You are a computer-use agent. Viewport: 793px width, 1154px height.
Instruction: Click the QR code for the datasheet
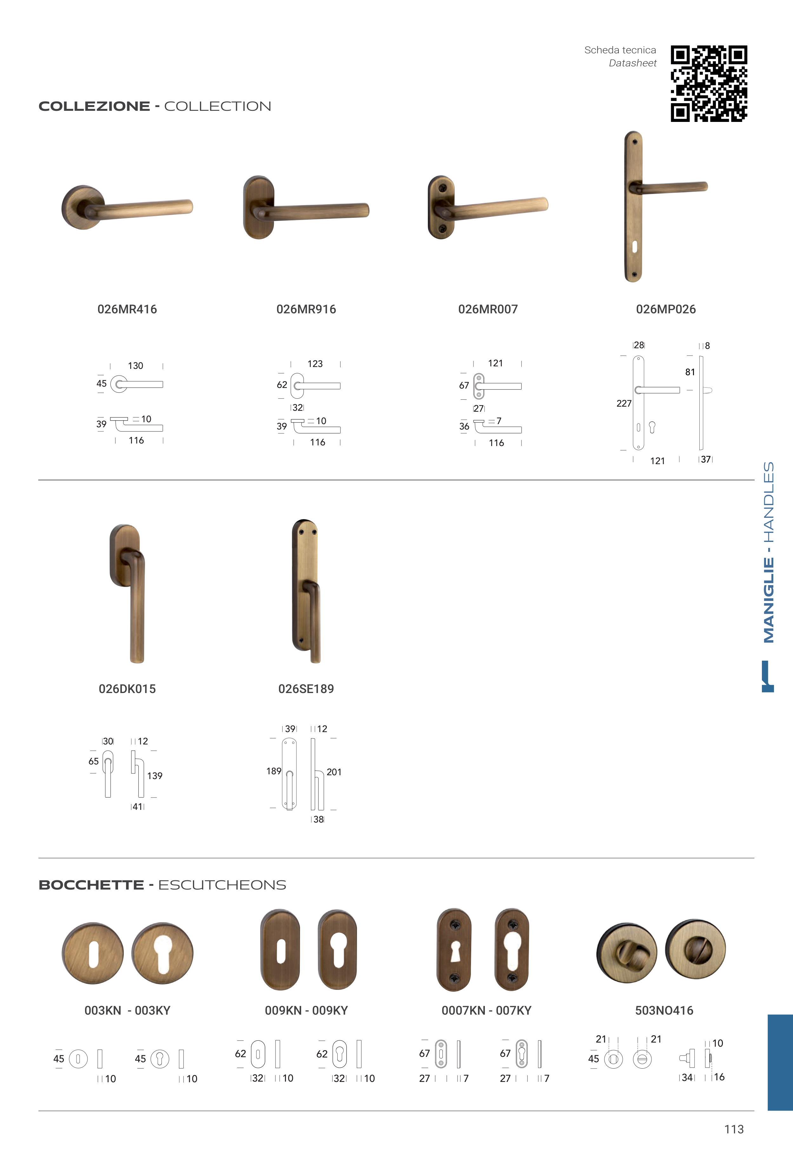tap(709, 83)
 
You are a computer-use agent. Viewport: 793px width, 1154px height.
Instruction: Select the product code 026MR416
tap(127, 309)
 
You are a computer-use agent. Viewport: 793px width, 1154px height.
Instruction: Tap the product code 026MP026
tap(666, 309)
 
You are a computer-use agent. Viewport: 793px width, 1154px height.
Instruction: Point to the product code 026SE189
tap(306, 689)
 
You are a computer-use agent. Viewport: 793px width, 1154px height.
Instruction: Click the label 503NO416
tap(664, 1011)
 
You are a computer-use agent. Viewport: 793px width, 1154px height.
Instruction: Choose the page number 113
tap(734, 1129)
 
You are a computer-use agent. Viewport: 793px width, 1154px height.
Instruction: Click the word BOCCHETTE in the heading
tap(91, 885)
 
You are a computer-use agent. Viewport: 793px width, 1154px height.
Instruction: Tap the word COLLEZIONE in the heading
tap(95, 106)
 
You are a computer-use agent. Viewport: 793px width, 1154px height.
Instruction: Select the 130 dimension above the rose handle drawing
tap(135, 366)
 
